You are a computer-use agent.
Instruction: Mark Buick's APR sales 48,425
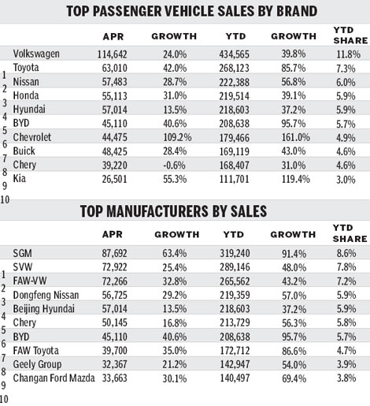tap(120, 151)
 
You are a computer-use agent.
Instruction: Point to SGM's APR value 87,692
tap(120, 252)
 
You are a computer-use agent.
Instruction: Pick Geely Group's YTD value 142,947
tap(232, 365)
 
